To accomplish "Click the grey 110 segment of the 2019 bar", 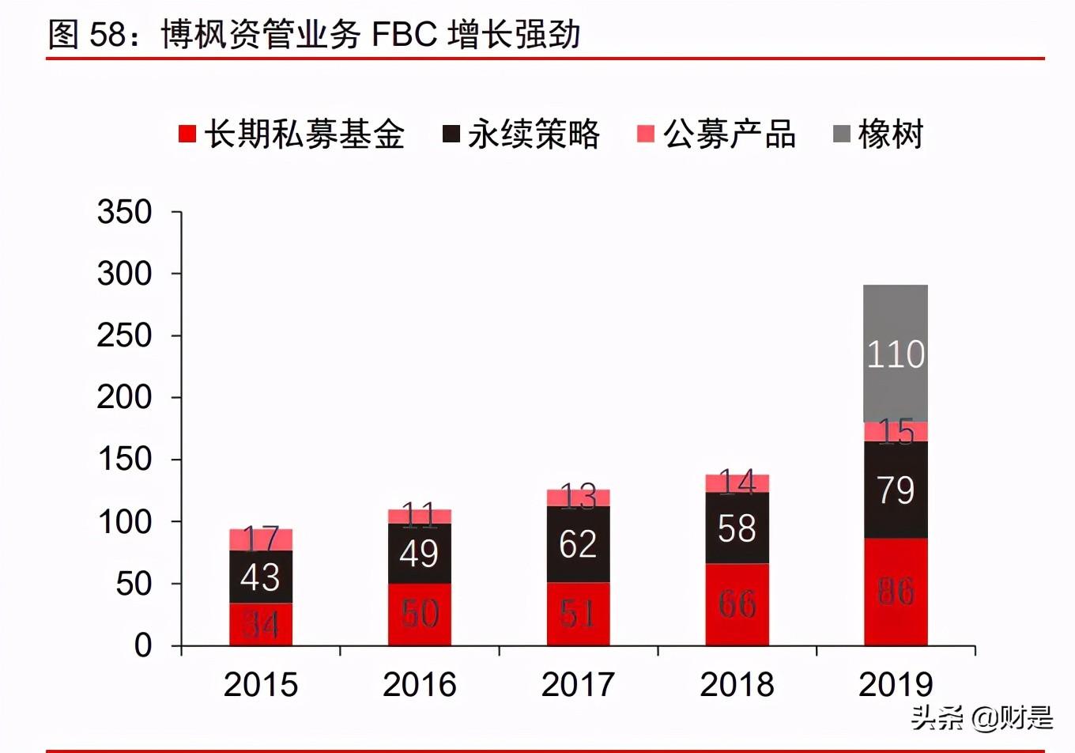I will (x=895, y=353).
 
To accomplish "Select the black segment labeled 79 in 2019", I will (x=895, y=490).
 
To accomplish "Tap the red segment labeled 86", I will (x=895, y=592).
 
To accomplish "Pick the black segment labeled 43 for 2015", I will (x=261, y=577).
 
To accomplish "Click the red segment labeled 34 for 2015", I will (x=261, y=624).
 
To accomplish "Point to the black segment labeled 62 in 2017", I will (x=578, y=544).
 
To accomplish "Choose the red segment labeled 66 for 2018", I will (x=737, y=604).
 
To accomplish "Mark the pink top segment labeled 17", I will (x=261, y=539).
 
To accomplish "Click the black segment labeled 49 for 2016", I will (x=419, y=553).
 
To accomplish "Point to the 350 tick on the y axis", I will (x=124, y=212).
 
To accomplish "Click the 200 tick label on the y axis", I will (x=124, y=397).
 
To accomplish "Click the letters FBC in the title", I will (x=403, y=35).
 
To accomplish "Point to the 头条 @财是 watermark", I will (x=982, y=717).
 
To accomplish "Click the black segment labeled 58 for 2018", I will (x=737, y=528).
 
